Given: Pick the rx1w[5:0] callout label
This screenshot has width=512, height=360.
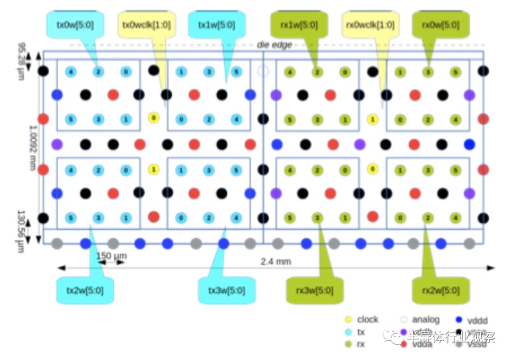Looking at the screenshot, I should pyautogui.click(x=300, y=25).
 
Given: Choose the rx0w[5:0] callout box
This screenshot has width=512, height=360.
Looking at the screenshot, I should pyautogui.click(x=441, y=25).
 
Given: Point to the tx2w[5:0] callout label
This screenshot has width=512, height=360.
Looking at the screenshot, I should pyautogui.click(x=86, y=290).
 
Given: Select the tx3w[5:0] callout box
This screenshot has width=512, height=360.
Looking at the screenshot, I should pyautogui.click(x=227, y=290).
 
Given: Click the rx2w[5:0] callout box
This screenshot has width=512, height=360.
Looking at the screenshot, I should pyautogui.click(x=441, y=290).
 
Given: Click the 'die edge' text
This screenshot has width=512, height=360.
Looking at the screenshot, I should pyautogui.click(x=274, y=45).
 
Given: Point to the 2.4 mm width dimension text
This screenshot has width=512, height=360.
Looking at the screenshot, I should pyautogui.click(x=276, y=261).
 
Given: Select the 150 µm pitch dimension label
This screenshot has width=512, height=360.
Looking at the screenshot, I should pyautogui.click(x=111, y=256).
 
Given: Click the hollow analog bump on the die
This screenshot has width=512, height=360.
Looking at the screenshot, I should pyautogui.click(x=263, y=72).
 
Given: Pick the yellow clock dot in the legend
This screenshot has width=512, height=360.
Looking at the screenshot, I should pyautogui.click(x=348, y=320).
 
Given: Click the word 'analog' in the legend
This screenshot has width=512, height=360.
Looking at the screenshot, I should pyautogui.click(x=426, y=320).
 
